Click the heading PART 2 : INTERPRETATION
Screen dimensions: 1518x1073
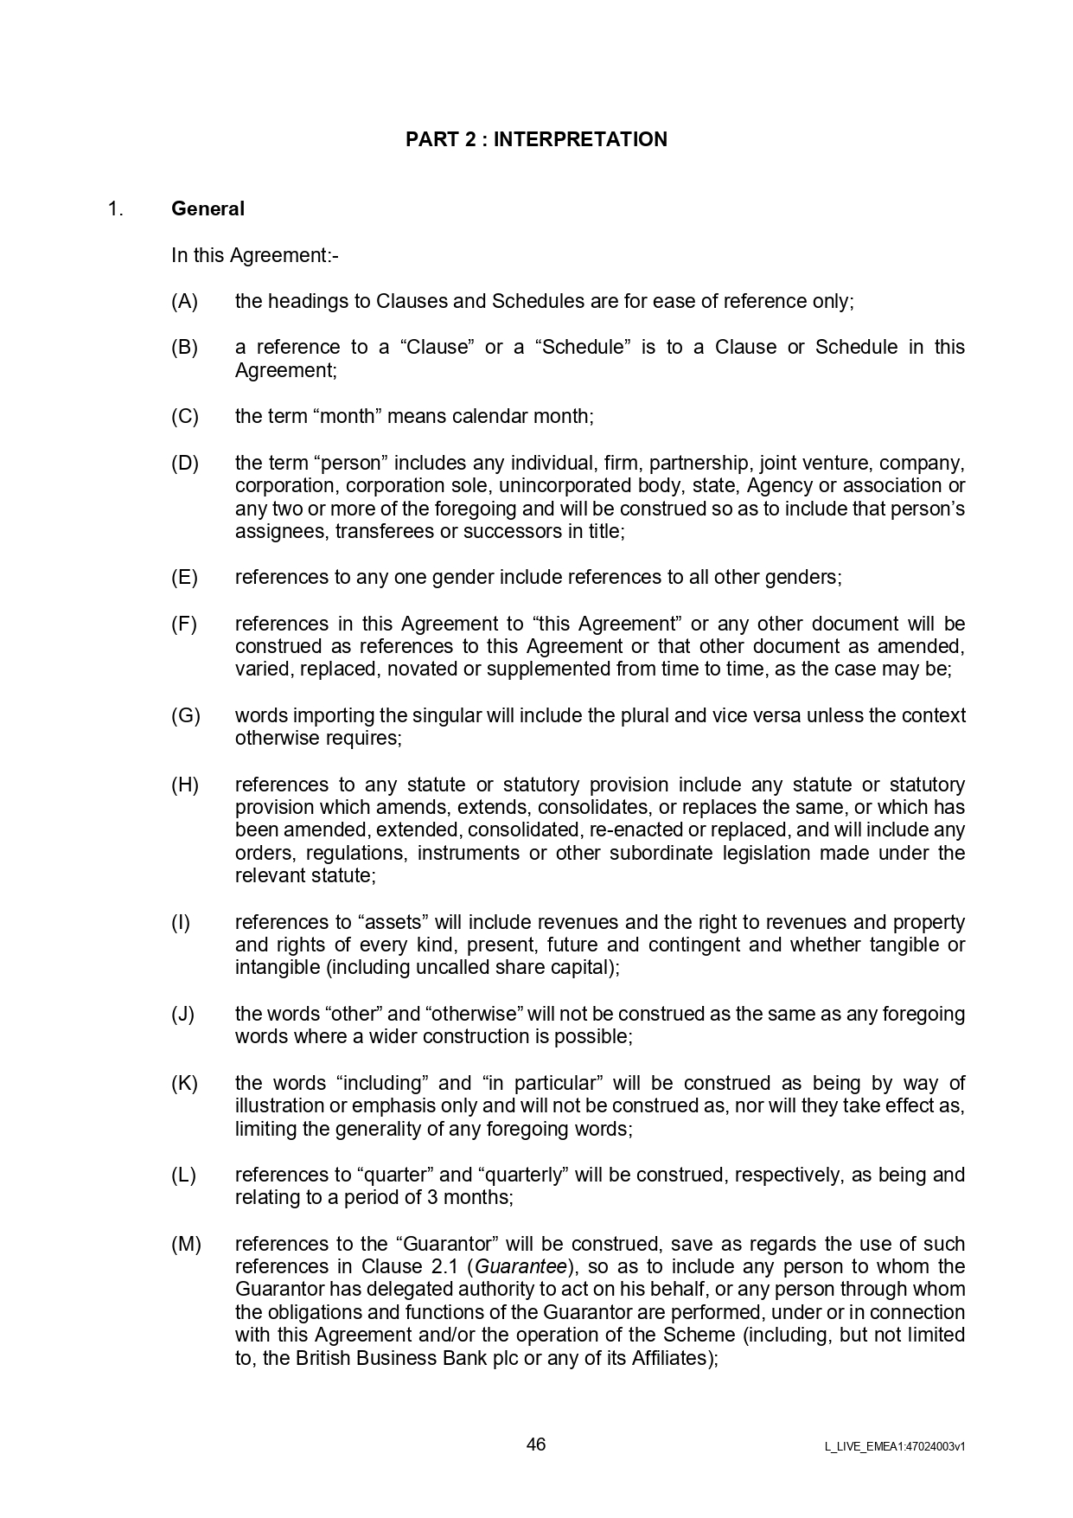[x=536, y=140]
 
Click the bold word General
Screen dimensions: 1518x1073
[x=208, y=208]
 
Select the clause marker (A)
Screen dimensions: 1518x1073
[x=184, y=301]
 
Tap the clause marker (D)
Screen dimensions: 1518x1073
[x=184, y=463]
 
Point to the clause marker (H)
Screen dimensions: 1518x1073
[x=184, y=785]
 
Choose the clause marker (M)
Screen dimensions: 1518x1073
[x=186, y=1244]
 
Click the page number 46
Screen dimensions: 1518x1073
[x=536, y=1444]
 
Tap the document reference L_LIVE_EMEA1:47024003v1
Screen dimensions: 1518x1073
[x=895, y=1446]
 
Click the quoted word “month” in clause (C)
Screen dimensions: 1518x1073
[x=350, y=416]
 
